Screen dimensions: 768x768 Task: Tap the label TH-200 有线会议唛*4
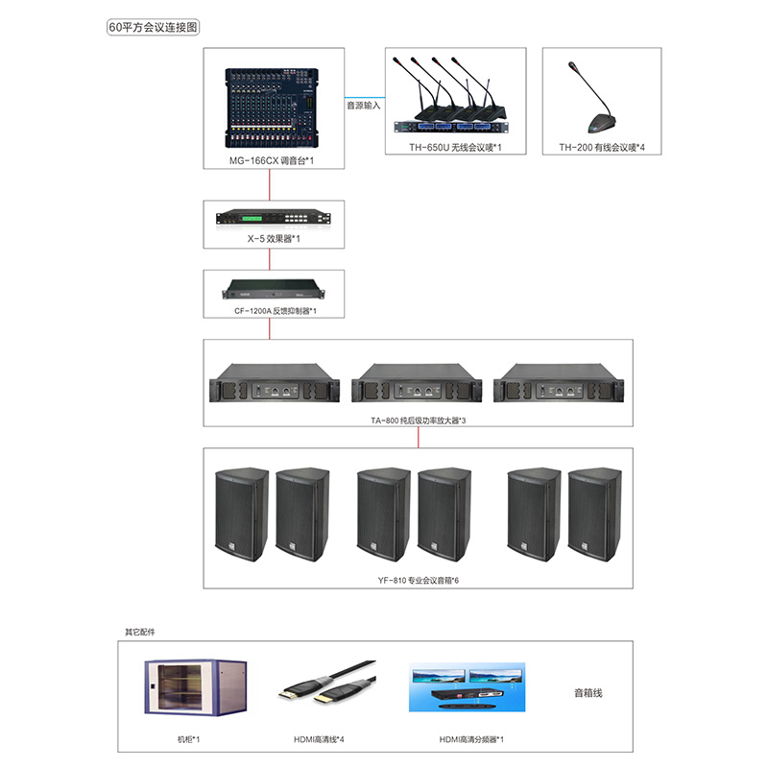click(602, 148)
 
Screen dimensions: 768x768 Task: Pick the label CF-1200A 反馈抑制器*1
click(270, 311)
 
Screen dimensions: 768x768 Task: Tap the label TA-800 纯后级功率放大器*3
click(419, 420)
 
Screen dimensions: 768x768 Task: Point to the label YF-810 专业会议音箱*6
click(420, 581)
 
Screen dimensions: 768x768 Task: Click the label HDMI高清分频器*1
click(471, 739)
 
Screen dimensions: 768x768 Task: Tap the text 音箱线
click(588, 692)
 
